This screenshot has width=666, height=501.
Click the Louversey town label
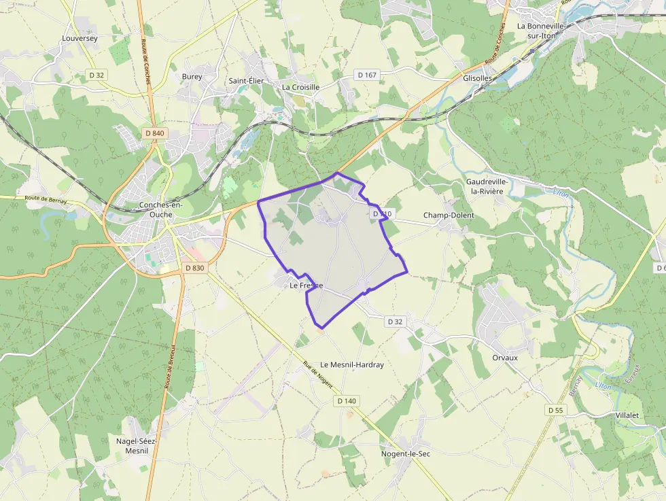click(x=80, y=39)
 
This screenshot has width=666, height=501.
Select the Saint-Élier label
click(x=246, y=81)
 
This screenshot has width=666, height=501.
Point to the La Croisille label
click(x=300, y=88)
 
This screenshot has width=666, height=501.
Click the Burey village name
click(x=192, y=77)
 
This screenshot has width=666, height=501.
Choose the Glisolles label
click(x=477, y=78)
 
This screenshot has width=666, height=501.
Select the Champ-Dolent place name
click(x=449, y=215)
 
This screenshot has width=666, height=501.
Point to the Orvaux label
click(x=505, y=358)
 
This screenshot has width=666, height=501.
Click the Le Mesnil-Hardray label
click(x=352, y=365)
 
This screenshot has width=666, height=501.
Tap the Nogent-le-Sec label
click(x=406, y=453)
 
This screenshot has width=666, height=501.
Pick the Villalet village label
click(x=627, y=415)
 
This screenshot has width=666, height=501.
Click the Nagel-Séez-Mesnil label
click(x=137, y=446)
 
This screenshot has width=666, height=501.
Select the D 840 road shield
click(x=154, y=133)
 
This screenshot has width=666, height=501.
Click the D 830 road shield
click(x=194, y=268)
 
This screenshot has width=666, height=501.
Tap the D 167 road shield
click(x=366, y=75)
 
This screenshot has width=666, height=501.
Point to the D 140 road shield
click(x=346, y=401)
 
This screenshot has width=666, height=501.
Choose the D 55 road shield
click(x=556, y=410)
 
